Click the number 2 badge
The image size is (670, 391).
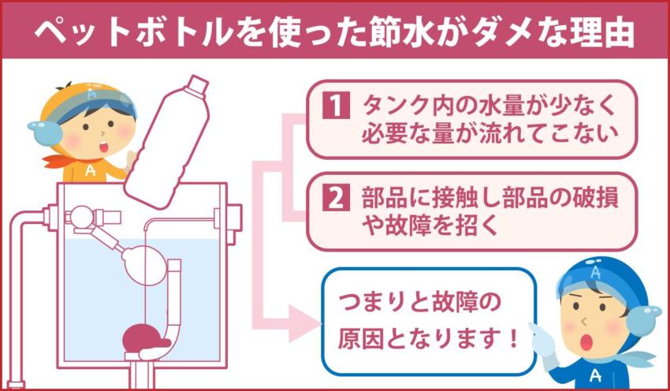tap(335, 198)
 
